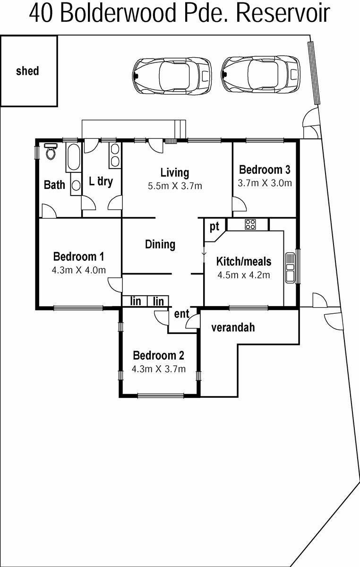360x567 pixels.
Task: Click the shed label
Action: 27,71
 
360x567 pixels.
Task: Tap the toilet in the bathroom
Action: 51,151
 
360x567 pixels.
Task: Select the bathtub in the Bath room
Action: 73,157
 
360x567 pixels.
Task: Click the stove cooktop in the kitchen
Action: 250,224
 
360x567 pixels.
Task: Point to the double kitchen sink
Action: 290,267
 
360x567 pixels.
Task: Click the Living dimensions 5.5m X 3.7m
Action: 175,186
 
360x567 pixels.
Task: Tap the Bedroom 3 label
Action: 265,170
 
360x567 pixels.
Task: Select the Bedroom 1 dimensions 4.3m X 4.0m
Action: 79,270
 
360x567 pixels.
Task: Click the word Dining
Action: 160,245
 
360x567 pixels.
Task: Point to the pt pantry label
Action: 214,227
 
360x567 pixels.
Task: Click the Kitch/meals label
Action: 244,261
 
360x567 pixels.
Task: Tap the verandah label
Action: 233,327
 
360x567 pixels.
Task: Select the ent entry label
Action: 181,314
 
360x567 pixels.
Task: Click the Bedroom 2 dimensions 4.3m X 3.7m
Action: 158,369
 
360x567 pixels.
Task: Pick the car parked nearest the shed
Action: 172,75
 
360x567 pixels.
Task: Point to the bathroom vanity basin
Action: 76,185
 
